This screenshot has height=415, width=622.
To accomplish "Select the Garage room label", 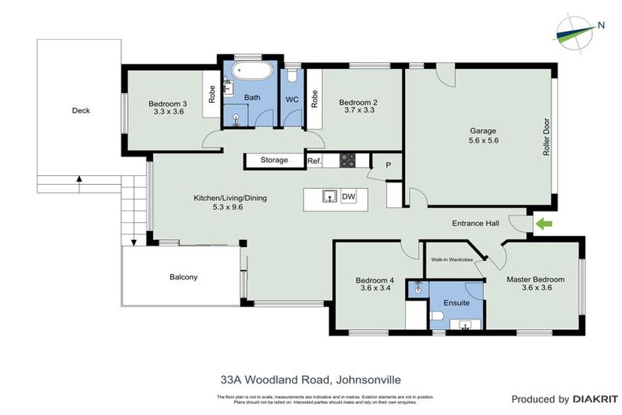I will [x=483, y=130].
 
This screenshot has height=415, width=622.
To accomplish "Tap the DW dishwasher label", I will [x=348, y=196].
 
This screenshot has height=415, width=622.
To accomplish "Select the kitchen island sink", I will [x=329, y=196].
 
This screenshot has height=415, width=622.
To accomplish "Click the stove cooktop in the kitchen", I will [x=347, y=160].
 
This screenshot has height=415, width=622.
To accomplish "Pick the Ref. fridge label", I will [x=314, y=161].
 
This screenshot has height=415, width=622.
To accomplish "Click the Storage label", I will [x=274, y=160].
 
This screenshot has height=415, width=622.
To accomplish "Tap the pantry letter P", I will [x=389, y=165].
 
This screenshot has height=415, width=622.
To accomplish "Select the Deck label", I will [x=80, y=111].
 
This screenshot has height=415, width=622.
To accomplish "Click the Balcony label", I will [x=183, y=277].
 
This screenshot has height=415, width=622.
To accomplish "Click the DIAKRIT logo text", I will [x=595, y=399].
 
